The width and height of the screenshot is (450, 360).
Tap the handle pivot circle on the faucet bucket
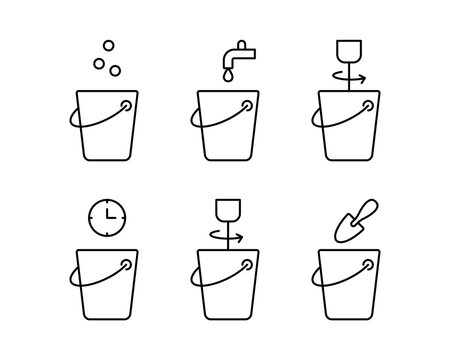[x=247, y=104]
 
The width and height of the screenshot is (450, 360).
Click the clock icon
[x=104, y=216]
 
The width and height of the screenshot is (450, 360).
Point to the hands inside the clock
[x=105, y=215]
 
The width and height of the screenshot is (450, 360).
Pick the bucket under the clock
[x=104, y=294]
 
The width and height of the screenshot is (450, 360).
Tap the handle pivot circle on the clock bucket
[x=127, y=266]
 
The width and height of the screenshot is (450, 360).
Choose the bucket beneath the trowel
[x=345, y=294]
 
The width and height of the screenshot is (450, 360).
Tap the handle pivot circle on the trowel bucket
[x=367, y=266]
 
